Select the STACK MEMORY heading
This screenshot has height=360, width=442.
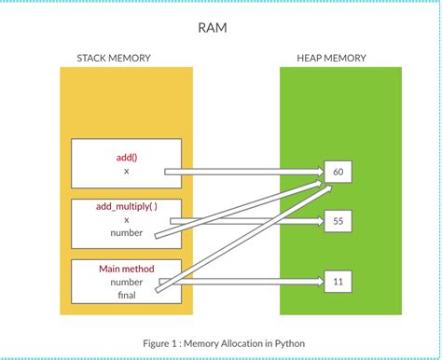click(x=114, y=58)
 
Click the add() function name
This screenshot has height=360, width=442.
click(x=127, y=158)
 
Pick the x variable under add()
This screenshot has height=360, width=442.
click(x=127, y=172)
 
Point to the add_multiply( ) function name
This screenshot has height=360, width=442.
click(x=127, y=205)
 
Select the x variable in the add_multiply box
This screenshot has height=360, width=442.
click(x=127, y=219)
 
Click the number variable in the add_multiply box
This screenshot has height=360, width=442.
click(x=127, y=233)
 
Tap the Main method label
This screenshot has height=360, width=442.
click(x=127, y=269)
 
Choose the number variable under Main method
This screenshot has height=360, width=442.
click(x=127, y=282)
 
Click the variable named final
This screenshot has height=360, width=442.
click(x=127, y=295)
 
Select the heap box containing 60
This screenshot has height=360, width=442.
click(x=337, y=173)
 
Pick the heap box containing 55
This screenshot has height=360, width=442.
click(x=337, y=221)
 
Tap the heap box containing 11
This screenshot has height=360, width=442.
click(x=337, y=281)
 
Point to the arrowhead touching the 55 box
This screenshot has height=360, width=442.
click(x=317, y=221)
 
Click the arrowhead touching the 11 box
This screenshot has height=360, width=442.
click(x=317, y=281)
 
